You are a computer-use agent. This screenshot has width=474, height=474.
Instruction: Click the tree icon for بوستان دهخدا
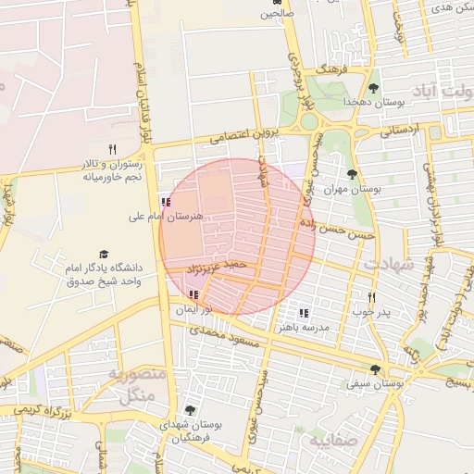[373, 89]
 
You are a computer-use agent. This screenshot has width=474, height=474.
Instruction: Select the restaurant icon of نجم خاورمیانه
[113, 148]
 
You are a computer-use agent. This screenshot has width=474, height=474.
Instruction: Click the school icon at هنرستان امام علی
[165, 201]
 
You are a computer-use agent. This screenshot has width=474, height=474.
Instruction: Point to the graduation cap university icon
[104, 254]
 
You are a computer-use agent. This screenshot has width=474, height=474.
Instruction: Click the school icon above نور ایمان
[193, 294]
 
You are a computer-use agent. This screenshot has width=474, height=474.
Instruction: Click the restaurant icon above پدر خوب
[371, 297]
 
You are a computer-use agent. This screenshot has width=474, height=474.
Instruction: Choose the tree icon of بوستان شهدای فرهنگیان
[190, 410]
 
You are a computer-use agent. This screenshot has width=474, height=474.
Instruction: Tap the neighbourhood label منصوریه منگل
[137, 383]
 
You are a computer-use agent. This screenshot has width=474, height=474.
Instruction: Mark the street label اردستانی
[400, 131]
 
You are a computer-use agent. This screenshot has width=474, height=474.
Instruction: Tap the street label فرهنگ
[331, 69]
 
